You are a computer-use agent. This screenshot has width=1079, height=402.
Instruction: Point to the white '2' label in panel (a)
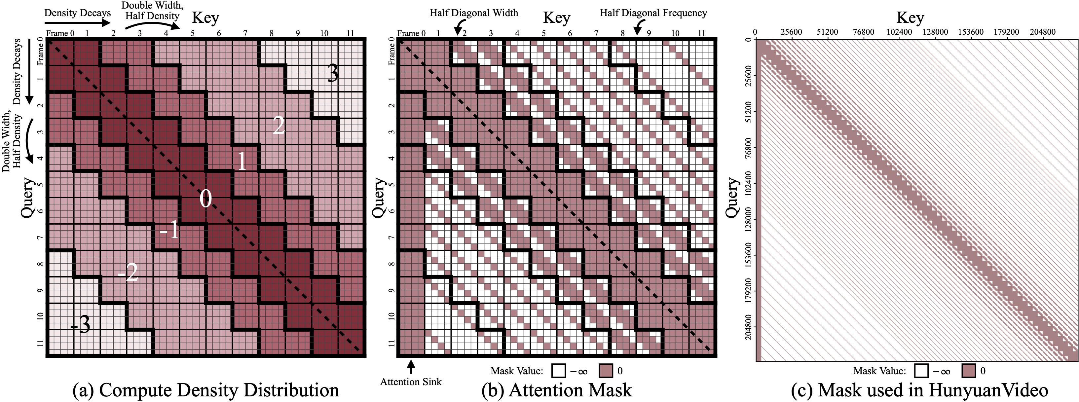pos(279,125)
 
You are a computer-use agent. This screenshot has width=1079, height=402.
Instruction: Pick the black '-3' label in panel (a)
pos(80,324)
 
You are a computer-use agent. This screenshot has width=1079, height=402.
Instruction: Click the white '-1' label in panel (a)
pos(169,230)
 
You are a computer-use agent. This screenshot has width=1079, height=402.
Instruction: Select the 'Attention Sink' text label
pos(411,382)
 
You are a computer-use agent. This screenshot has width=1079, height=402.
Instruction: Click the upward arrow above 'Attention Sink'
pos(411,367)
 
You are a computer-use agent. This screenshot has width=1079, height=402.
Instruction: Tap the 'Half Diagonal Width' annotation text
pos(474,13)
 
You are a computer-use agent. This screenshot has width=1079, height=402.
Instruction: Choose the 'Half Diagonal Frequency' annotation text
pos(653,13)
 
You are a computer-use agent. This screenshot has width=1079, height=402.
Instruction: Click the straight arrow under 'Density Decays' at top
pos(78,23)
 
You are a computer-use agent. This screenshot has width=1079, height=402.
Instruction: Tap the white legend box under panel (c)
pos(921,371)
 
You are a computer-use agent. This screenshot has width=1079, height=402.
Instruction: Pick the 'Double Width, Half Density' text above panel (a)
pos(152,11)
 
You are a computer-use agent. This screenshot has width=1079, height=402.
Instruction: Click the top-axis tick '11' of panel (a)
pos(350,33)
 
